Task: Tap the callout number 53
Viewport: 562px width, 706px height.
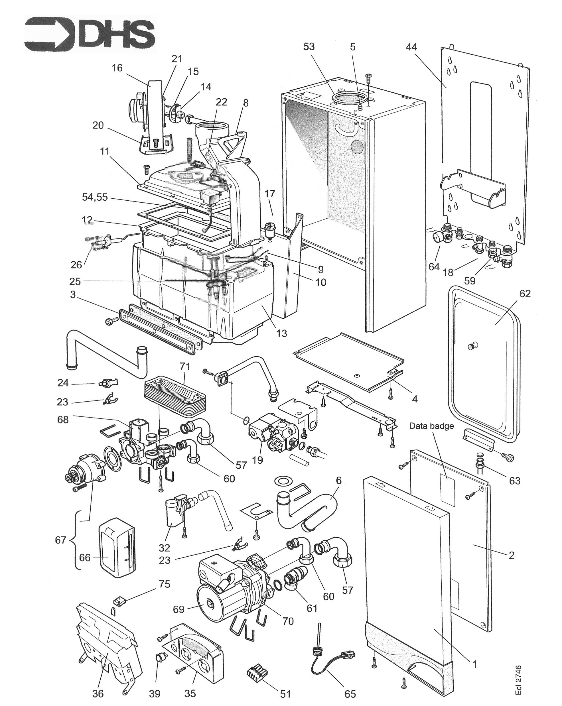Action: (x=309, y=47)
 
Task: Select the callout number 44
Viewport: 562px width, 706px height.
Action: (x=411, y=47)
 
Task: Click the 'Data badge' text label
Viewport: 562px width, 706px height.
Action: (x=431, y=426)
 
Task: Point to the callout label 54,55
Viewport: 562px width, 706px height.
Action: (x=95, y=198)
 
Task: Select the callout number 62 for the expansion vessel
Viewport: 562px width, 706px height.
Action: (x=525, y=294)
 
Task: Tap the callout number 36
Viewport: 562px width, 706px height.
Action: (x=98, y=693)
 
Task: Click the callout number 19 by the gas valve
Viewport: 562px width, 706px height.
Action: (x=257, y=460)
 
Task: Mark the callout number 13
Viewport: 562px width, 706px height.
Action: (x=282, y=333)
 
